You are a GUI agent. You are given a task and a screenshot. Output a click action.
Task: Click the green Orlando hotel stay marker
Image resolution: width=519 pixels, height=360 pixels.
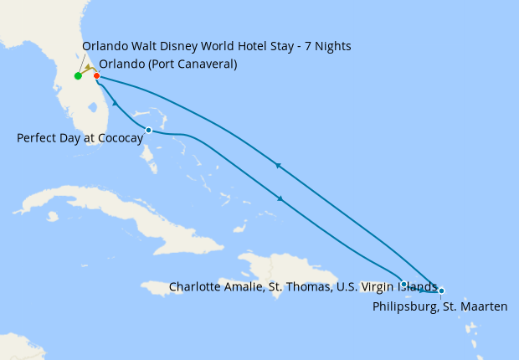[78, 76]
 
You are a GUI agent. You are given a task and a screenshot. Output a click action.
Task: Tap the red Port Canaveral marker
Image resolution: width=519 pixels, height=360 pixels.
[97, 76]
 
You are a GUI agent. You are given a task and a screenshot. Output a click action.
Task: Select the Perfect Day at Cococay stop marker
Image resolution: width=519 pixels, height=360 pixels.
[148, 130]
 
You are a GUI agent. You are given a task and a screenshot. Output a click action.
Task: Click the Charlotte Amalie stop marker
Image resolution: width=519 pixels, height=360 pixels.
[404, 284]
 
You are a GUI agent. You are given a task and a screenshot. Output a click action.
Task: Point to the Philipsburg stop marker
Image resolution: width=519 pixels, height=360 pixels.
[441, 291]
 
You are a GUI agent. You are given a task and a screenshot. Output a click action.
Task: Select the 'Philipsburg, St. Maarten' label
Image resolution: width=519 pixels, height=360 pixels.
[439, 307]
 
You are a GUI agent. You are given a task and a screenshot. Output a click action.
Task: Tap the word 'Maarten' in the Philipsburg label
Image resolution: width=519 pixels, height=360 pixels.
[485, 307]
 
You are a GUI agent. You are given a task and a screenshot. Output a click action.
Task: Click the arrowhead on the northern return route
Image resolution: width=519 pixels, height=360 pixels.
[277, 166]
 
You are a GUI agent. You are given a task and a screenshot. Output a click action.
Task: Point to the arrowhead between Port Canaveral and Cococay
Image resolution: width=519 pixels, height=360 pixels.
[115, 103]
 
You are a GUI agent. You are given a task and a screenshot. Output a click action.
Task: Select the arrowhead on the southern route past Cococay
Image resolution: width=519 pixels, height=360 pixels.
[279, 198]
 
